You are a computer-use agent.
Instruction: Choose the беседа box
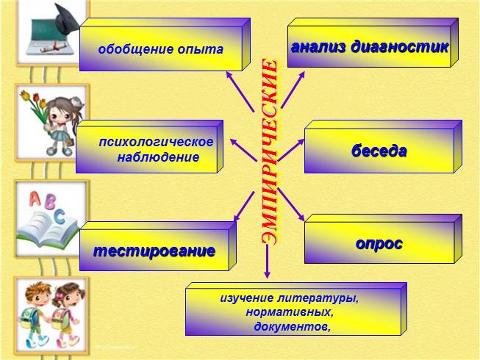(379, 151)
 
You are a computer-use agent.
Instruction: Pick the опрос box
(379, 243)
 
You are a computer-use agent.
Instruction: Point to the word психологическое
(157, 141)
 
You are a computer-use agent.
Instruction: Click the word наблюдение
(158, 157)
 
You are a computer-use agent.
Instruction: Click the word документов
(292, 326)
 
